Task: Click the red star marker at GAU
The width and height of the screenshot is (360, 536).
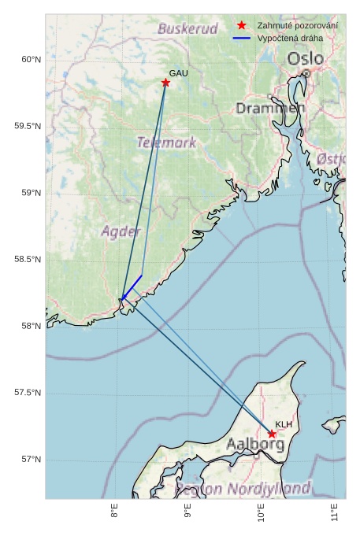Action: tap(166, 83)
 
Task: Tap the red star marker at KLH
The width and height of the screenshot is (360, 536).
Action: tap(272, 434)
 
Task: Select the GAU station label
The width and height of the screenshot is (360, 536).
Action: tap(179, 73)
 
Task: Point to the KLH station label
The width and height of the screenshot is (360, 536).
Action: tap(284, 424)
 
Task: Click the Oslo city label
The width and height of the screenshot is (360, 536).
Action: tap(305, 58)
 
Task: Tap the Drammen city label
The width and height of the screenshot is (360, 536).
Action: tap(270, 108)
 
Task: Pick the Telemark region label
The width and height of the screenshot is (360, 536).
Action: tap(166, 142)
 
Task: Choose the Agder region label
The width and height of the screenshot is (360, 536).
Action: tap(121, 231)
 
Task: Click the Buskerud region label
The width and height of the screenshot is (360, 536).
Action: tap(187, 28)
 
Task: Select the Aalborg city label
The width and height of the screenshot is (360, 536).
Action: tap(255, 444)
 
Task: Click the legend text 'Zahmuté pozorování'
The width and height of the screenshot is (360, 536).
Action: tap(298, 26)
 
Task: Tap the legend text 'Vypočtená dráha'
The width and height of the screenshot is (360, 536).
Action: tap(291, 38)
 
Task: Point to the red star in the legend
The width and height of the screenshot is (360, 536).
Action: tap(242, 26)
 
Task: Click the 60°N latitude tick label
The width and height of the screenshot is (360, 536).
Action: tap(30, 60)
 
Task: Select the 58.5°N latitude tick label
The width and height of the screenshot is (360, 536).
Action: tap(28, 260)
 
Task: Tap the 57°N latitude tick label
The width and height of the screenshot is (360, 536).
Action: tap(30, 460)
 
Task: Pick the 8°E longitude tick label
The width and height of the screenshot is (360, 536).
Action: tap(115, 512)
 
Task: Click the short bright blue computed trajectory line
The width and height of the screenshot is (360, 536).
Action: tap(132, 286)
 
